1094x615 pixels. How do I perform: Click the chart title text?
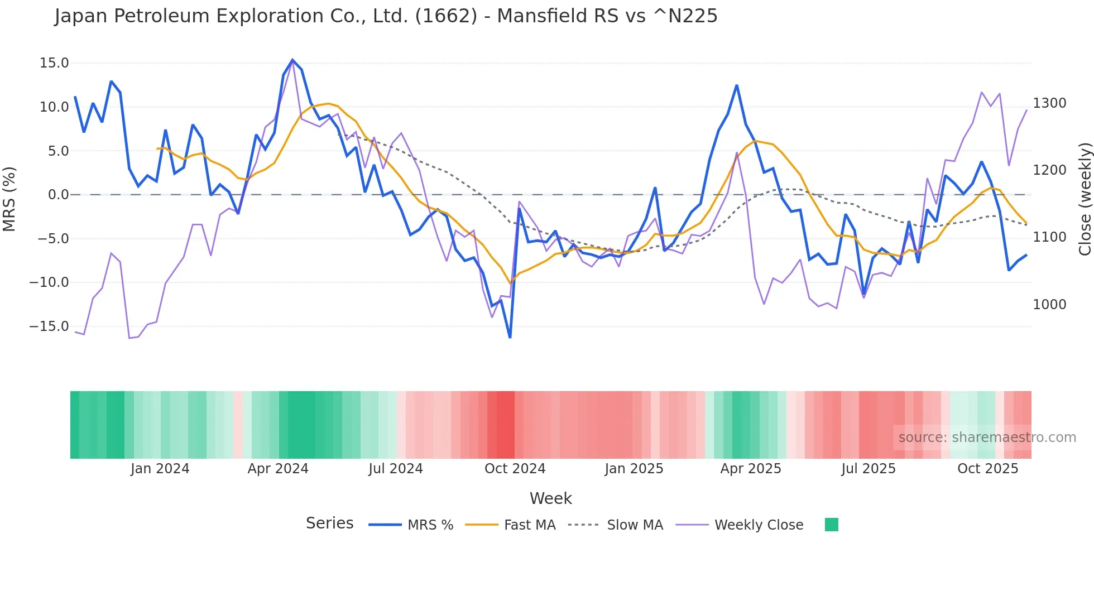(386, 16)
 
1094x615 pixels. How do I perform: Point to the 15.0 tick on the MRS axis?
(54, 63)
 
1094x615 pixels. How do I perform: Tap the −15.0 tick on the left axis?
(49, 326)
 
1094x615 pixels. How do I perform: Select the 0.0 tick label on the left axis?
(59, 195)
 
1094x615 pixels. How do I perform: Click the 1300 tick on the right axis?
(1049, 103)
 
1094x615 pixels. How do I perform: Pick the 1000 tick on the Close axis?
(1049, 305)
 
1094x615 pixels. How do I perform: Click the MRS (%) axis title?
(9, 199)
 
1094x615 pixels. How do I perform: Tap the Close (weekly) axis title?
(1085, 199)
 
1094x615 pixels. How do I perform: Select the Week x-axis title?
(550, 498)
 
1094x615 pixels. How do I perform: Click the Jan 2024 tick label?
(160, 469)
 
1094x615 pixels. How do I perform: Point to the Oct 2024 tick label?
(515, 469)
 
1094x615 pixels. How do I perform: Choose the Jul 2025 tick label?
(869, 469)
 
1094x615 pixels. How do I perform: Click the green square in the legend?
(831, 525)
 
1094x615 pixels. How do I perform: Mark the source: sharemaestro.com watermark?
(987, 438)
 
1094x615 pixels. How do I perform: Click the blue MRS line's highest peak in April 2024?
(292, 60)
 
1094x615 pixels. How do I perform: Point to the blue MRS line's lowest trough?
(510, 337)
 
